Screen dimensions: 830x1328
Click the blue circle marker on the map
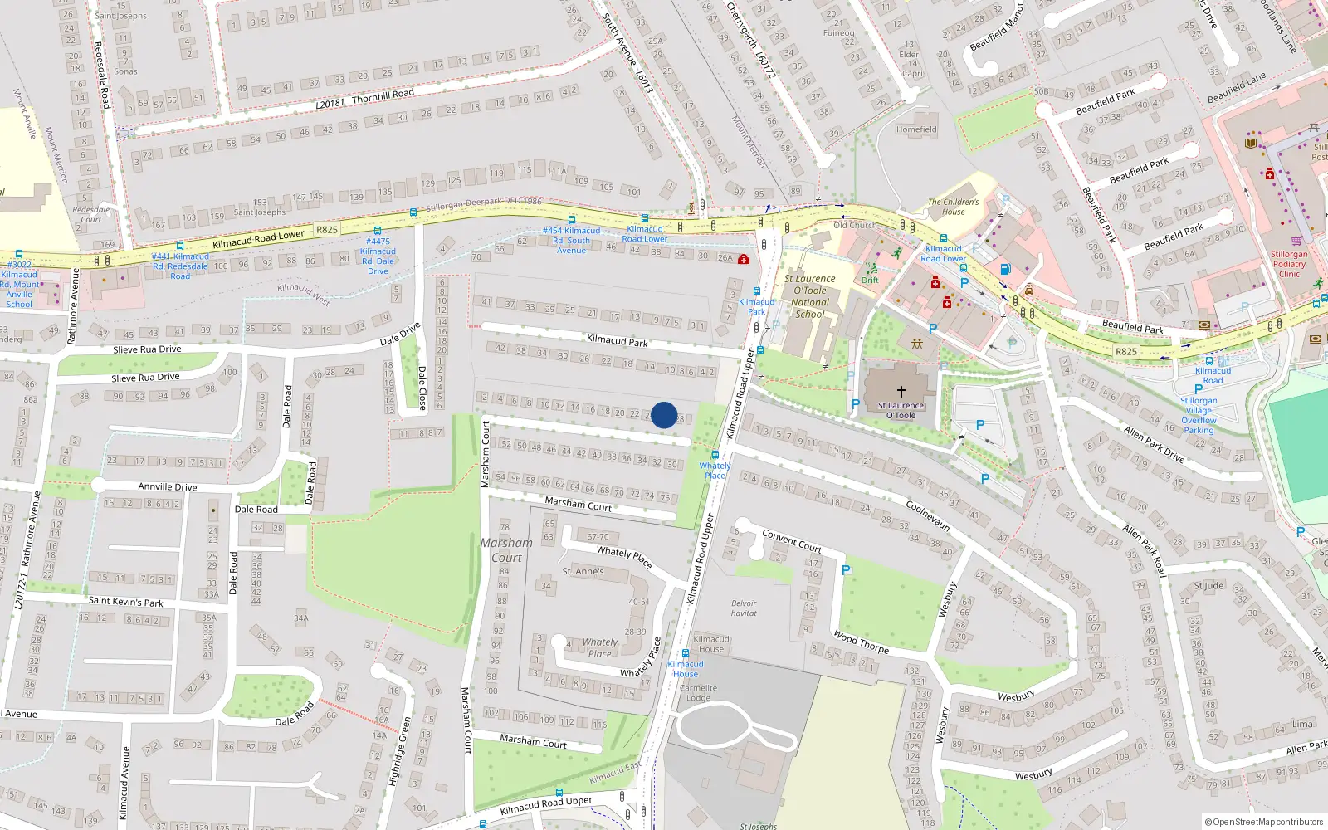(x=664, y=415)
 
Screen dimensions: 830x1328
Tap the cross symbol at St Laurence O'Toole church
(x=901, y=391)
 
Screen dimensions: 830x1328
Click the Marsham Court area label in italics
(x=506, y=550)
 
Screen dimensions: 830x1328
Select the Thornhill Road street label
(x=383, y=97)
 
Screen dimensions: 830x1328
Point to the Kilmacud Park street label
(x=617, y=340)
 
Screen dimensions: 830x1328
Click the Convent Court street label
(x=792, y=541)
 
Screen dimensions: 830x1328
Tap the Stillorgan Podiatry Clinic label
(x=1289, y=264)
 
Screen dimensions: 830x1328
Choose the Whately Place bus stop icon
(x=715, y=454)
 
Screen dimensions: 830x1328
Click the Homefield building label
(x=916, y=129)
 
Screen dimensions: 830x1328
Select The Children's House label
(x=953, y=207)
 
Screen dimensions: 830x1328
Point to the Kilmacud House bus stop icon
(x=685, y=653)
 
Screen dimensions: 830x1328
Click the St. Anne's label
(x=583, y=572)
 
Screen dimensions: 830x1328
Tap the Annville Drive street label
(x=167, y=486)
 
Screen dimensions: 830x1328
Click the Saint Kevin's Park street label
(x=125, y=601)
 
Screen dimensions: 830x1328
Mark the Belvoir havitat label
(x=744, y=608)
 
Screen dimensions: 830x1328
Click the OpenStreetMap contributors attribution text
(x=1263, y=822)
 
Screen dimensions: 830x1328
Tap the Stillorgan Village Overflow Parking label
(x=1199, y=415)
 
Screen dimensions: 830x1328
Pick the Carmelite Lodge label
(x=698, y=692)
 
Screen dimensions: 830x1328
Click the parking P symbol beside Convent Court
(x=846, y=570)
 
